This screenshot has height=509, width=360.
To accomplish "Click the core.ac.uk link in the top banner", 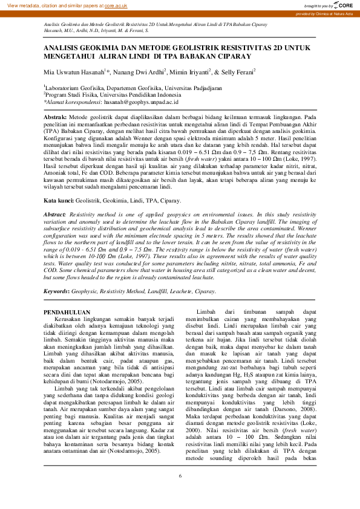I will coord(116,5).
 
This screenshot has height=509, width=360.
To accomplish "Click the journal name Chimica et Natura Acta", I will coord(340,13).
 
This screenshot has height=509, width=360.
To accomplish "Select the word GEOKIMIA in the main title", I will coord(97,47).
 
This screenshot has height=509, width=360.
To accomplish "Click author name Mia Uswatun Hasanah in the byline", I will coord(73,71).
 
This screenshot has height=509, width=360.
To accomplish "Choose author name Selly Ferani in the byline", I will coord(238,71).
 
